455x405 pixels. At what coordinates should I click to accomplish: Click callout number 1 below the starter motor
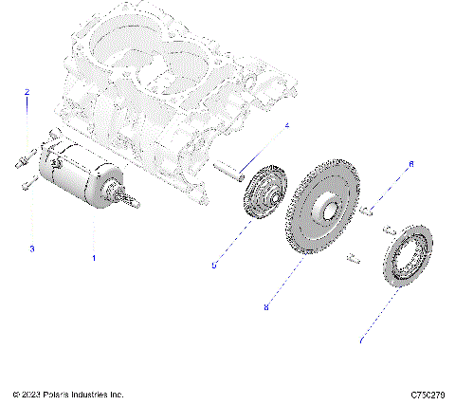point(93,257)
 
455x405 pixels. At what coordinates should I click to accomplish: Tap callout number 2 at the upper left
point(27,92)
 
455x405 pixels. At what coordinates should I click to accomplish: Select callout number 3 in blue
point(31,249)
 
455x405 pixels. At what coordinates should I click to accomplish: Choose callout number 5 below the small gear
point(213,267)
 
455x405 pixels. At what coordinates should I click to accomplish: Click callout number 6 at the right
point(410,164)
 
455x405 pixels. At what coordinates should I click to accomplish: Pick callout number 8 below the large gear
point(266,307)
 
